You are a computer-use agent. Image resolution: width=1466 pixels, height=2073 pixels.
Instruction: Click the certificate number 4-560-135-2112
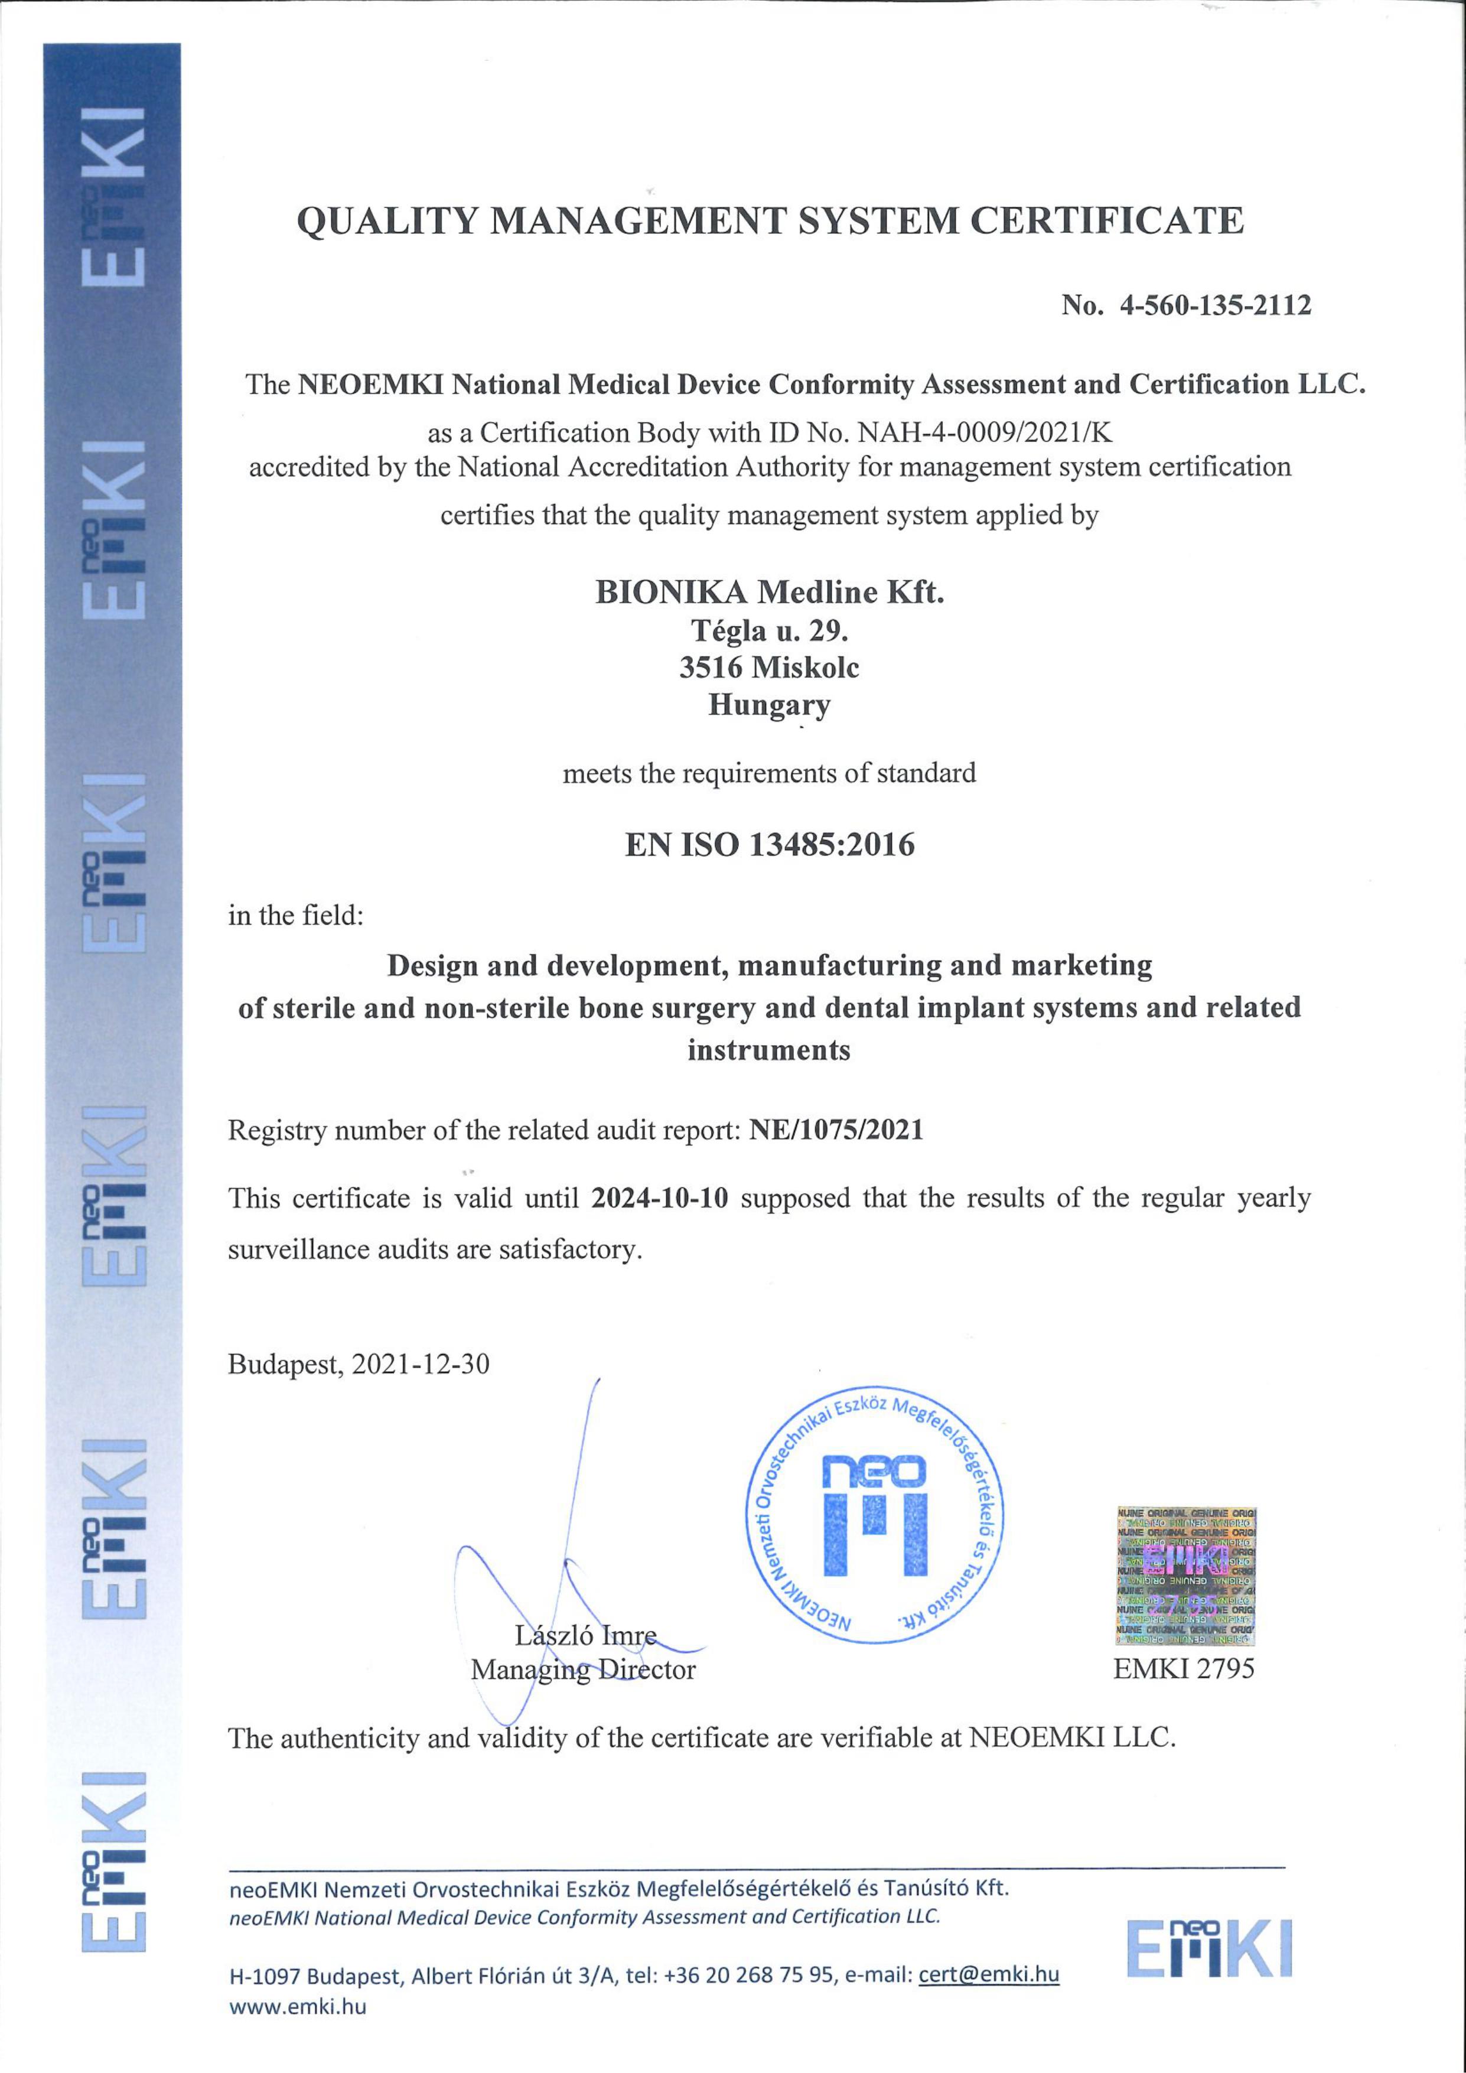[1215, 305]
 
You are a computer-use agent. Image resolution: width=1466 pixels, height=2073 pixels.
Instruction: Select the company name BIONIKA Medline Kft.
[769, 593]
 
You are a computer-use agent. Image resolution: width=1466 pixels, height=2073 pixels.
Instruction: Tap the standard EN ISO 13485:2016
[769, 845]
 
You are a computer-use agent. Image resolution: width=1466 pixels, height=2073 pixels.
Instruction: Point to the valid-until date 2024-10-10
[659, 1198]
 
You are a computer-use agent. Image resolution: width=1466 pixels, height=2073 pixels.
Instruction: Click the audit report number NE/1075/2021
[836, 1130]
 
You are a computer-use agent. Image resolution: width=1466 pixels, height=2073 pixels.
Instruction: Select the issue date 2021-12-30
[421, 1363]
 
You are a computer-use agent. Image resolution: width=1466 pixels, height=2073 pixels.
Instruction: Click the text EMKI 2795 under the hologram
[1184, 1668]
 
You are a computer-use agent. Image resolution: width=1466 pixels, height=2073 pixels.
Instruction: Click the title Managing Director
[583, 1670]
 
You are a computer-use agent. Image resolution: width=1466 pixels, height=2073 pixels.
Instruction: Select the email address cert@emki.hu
[989, 1974]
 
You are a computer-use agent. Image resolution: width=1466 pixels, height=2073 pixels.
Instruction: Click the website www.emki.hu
[298, 2007]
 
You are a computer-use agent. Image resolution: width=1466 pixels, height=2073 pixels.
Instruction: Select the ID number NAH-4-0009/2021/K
[985, 434]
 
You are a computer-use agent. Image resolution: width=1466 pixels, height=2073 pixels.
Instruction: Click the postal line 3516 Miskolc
[769, 667]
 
